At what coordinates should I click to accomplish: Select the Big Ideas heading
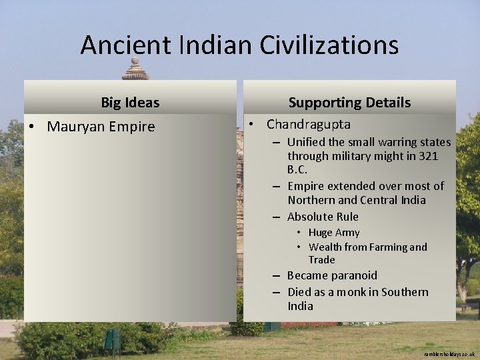[x=130, y=103]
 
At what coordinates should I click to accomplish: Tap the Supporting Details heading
[x=349, y=103]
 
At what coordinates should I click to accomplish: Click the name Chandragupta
[x=309, y=124]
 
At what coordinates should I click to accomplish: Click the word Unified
[x=307, y=142]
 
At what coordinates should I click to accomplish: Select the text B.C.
[x=298, y=169]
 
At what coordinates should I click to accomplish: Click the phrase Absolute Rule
[x=323, y=217]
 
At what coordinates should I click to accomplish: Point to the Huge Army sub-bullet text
[x=334, y=233]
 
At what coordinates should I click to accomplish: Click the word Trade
[x=322, y=259]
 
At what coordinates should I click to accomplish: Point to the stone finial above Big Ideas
[x=135, y=69]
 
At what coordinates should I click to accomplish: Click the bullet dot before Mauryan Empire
[x=31, y=127]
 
